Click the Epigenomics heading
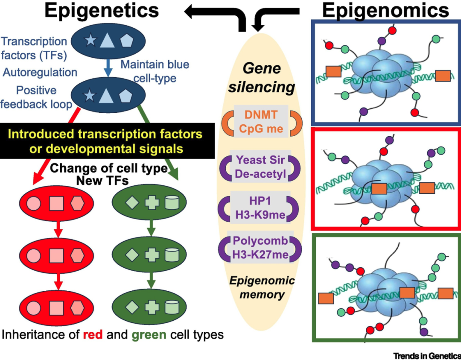(385, 11)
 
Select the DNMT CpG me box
(260, 122)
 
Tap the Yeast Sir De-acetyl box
(260, 168)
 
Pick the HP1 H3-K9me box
(260, 208)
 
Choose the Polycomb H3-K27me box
(260, 248)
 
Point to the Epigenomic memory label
(261, 287)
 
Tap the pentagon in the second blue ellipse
(125, 95)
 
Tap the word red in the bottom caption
(93, 334)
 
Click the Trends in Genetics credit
(427, 355)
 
